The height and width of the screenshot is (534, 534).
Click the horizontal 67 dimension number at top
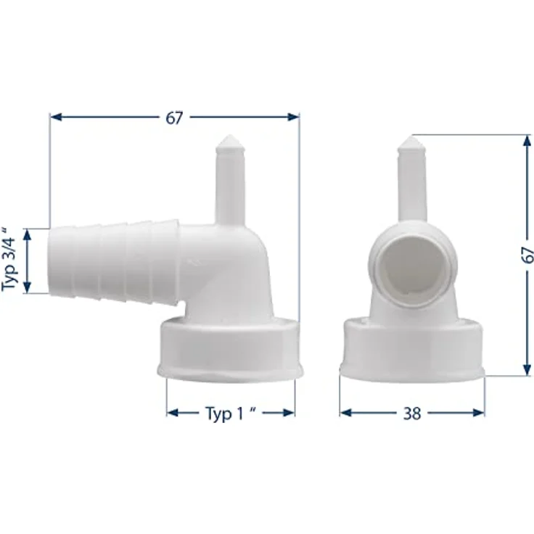click(174, 118)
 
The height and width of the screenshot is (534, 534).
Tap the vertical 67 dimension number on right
click(527, 255)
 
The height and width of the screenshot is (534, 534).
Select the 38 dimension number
click(412, 414)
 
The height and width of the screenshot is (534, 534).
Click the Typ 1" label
click(231, 414)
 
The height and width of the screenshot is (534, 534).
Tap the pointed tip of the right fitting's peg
click(411, 137)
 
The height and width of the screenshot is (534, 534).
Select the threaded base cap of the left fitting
click(230, 350)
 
